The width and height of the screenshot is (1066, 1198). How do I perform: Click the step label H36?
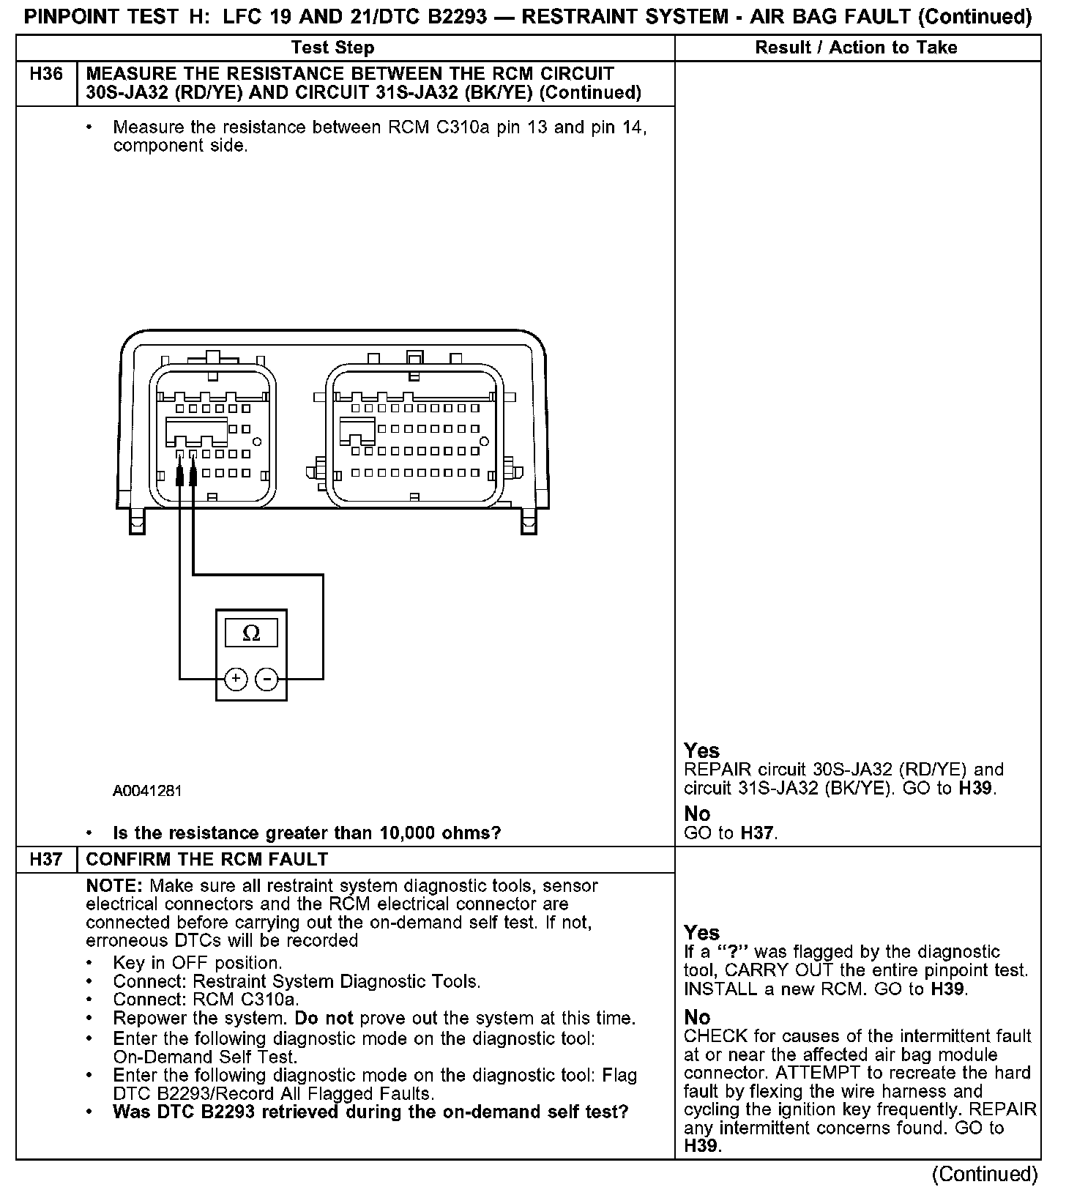[45, 74]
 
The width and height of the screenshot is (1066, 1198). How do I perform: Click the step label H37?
[45, 859]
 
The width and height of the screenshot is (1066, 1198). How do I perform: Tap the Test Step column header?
[332, 48]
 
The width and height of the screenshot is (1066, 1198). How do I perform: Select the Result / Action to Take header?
[856, 48]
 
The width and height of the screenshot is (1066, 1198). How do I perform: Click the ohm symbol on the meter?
[250, 633]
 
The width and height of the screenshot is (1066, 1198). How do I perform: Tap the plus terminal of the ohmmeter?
[235, 680]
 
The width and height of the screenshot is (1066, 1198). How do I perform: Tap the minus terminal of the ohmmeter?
[266, 680]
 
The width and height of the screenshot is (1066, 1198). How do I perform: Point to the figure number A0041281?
[147, 791]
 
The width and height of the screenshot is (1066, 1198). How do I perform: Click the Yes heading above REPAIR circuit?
[701, 751]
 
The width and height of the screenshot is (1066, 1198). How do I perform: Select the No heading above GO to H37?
[697, 814]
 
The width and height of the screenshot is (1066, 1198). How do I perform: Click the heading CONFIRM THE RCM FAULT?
[207, 859]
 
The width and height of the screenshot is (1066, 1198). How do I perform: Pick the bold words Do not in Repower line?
[324, 1019]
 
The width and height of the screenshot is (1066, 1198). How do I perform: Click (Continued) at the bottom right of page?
[984, 1175]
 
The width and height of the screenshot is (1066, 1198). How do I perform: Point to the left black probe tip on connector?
[180, 475]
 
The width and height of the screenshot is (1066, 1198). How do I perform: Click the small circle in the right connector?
[484, 442]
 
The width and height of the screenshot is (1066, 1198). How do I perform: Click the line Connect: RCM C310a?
[206, 1000]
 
